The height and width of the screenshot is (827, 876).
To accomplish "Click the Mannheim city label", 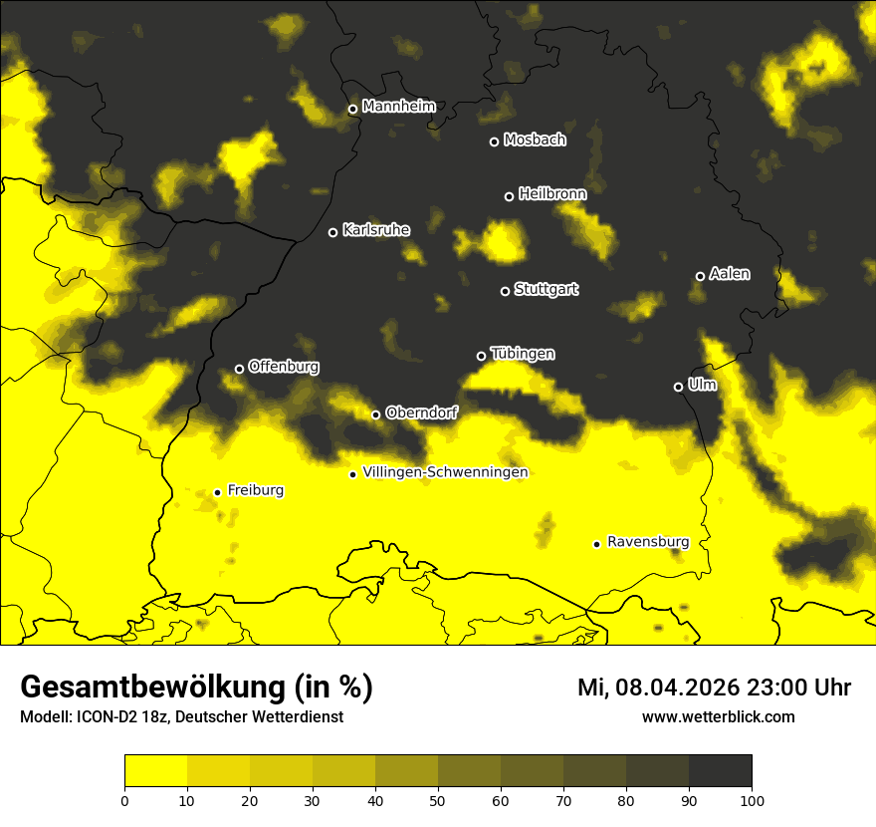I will (398, 107).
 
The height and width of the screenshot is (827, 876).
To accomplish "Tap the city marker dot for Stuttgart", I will (505, 291).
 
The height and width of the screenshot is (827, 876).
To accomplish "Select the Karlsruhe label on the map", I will (375, 230).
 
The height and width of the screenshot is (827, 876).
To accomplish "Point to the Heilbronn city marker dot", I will (509, 196).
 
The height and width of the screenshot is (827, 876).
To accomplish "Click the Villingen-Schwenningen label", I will (445, 472).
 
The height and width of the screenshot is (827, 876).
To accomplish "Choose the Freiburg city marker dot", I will (217, 492).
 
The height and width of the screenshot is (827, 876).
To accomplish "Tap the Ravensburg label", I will (647, 542).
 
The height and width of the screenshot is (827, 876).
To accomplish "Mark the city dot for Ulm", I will (678, 387).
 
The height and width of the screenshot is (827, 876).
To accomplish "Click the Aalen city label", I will (729, 274).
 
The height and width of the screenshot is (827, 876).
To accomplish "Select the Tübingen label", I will (523, 354).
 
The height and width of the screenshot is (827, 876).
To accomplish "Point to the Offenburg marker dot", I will (239, 369).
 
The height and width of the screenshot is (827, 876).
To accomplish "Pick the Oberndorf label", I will (421, 413).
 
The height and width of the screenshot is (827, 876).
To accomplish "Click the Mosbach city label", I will (534, 139).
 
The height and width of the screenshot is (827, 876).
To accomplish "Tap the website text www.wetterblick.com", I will (718, 716).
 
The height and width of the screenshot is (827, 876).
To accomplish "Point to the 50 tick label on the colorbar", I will (438, 799).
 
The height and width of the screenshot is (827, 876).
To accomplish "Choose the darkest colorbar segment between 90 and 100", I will (720, 770).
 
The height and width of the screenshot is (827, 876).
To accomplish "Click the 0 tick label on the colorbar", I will (124, 799).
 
